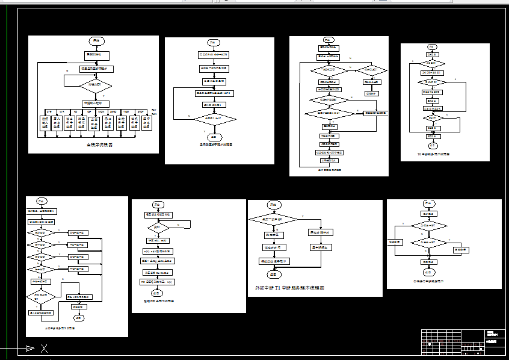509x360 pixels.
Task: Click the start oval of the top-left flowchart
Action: click(96, 41)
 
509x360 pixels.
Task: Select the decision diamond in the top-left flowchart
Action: click(96, 85)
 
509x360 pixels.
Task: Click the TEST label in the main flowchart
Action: click(126, 112)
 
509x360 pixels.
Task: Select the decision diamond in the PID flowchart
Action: click(158, 228)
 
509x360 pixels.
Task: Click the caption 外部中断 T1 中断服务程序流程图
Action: click(290, 288)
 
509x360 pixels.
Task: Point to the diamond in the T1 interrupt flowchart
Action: click(273, 219)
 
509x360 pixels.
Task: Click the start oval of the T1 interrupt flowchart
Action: click(273, 205)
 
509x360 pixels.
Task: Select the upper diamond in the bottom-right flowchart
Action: click(428, 225)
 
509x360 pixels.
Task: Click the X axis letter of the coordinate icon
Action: click(44, 348)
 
